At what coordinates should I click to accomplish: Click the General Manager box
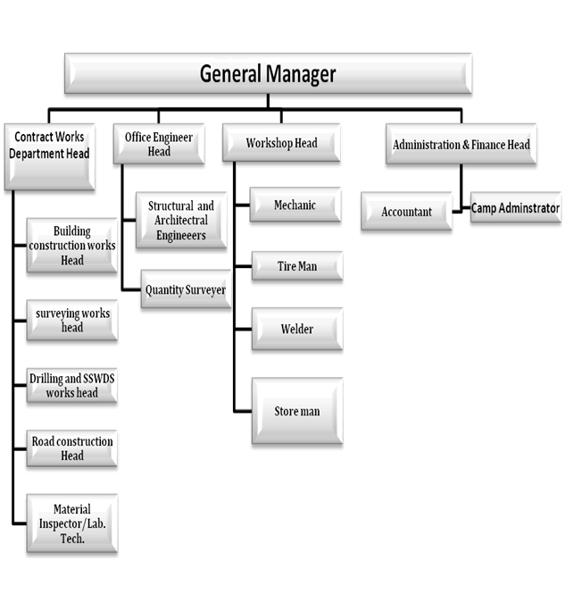tap(268, 73)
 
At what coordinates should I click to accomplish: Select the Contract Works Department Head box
tap(49, 156)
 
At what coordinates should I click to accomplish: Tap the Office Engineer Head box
tap(159, 144)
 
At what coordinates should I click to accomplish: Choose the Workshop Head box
tap(281, 142)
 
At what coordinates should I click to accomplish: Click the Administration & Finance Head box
tap(461, 144)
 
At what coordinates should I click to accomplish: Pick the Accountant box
tap(406, 211)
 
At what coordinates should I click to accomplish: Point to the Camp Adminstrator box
tap(516, 207)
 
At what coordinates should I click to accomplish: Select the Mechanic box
tap(295, 205)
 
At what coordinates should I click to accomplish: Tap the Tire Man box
tap(297, 266)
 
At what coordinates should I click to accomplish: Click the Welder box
tap(297, 329)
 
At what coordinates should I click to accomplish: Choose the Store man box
tap(297, 411)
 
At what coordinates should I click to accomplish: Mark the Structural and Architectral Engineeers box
tap(181, 220)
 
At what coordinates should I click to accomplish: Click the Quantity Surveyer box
tap(186, 289)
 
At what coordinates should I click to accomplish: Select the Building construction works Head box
tap(72, 245)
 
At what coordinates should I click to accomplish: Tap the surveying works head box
tap(72, 320)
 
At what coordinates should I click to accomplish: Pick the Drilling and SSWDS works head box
tap(72, 385)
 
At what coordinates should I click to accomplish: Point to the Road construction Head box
tap(72, 448)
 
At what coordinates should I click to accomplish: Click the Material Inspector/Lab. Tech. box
tap(72, 523)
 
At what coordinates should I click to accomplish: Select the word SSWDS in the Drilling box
tap(98, 379)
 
